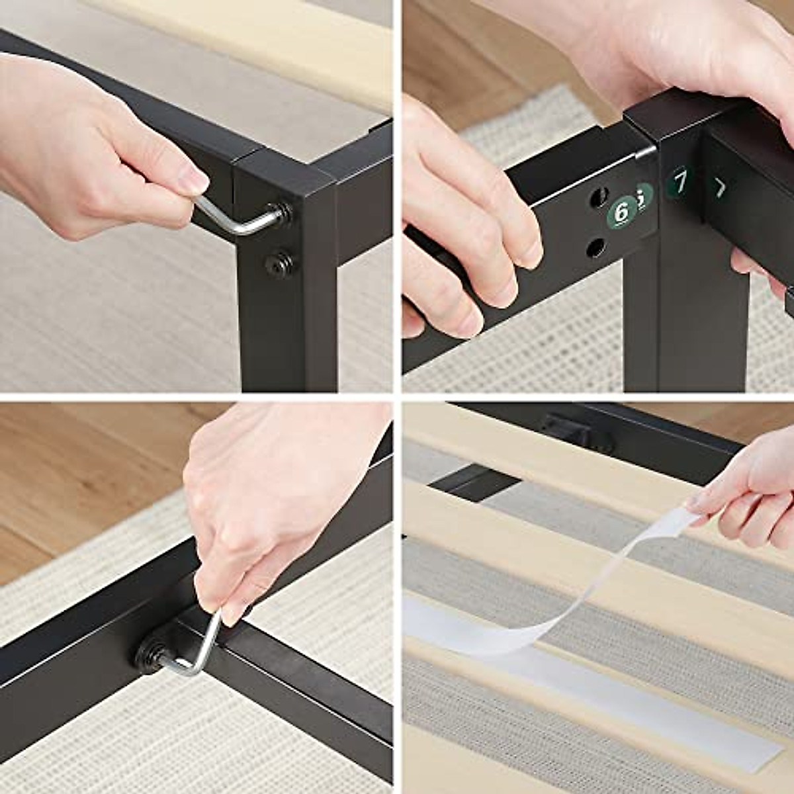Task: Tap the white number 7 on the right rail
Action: pyautogui.click(x=719, y=189)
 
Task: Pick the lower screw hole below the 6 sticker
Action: pyautogui.click(x=595, y=247)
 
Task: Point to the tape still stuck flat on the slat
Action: pyautogui.click(x=595, y=695)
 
